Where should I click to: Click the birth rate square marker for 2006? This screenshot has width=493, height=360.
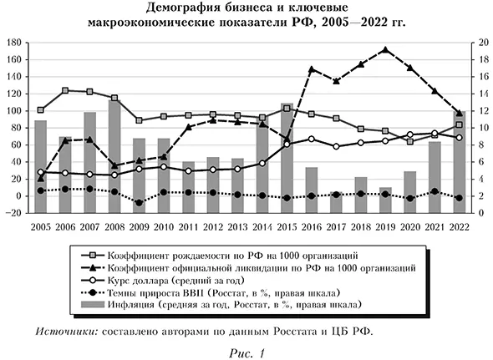[x=65, y=90]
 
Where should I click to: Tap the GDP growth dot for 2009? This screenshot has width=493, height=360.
[x=139, y=203]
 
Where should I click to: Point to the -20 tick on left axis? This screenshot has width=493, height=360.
[x=13, y=213]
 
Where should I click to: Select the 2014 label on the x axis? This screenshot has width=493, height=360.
[x=262, y=227]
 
